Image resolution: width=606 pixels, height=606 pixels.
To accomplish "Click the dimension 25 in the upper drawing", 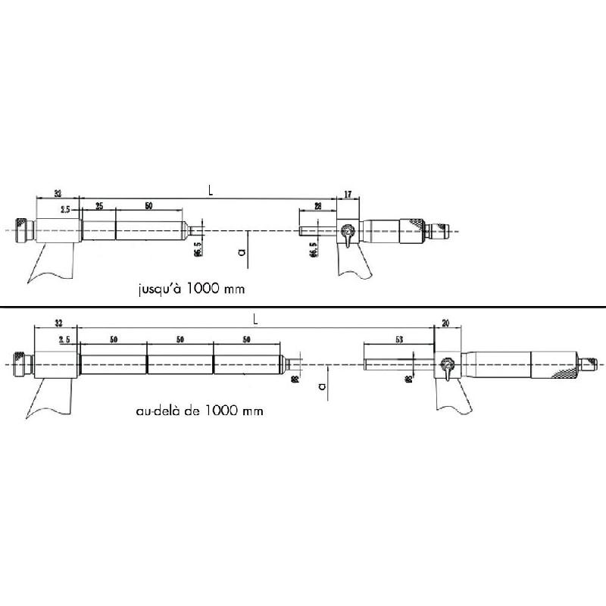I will pos(99,206).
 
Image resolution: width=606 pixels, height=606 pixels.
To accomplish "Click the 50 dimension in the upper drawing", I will pos(148,206).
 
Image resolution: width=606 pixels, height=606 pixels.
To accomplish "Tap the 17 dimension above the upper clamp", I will pos(348,195).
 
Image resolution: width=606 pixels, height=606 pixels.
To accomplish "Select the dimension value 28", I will pos(318,206).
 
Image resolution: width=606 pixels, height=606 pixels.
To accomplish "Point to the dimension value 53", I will pos(398,340).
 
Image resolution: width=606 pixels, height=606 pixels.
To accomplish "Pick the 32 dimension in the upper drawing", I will pos(58,194).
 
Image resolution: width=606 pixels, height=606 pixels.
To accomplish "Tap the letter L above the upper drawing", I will pos(211,192).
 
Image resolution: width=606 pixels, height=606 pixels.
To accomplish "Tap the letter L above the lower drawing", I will pos(255,321).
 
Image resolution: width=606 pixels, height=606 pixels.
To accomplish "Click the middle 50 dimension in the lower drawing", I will pos(180,340).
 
